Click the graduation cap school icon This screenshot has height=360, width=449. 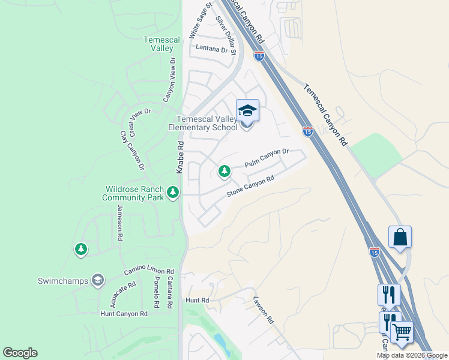click(247, 110)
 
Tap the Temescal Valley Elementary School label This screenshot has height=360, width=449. click(206, 123)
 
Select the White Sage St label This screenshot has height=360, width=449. click(201, 20)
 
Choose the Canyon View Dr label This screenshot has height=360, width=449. click(169, 79)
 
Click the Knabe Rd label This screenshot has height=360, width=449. click(179, 158)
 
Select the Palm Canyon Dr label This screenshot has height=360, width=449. click(267, 158)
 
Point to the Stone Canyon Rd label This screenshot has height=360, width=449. click(250, 187)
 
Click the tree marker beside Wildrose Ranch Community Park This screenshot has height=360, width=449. click(173, 192)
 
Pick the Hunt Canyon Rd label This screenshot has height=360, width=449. click(124, 314)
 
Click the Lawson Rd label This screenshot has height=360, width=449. click(263, 310)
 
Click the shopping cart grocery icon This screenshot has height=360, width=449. click(402, 331)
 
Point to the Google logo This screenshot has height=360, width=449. click(20, 353)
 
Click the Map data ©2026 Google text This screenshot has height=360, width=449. click(411, 355)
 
